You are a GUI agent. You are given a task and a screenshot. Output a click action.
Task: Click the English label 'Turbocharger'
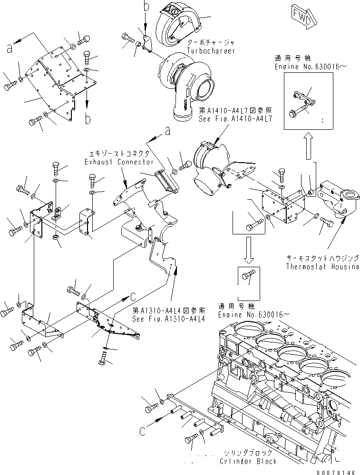pyautogui.click(x=211, y=50)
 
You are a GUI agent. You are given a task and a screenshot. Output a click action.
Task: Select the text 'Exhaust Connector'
pyautogui.click(x=113, y=162)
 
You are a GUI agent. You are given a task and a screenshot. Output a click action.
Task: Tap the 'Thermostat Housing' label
pyautogui.click(x=322, y=266)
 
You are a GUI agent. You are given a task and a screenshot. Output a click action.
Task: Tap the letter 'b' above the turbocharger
pyautogui.click(x=146, y=7)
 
